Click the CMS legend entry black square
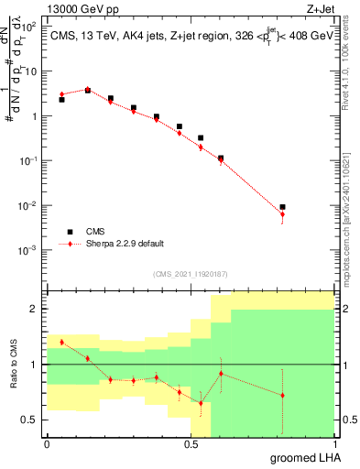click(68, 232)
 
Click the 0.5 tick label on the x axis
click(191, 442)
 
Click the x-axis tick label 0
click(47, 442)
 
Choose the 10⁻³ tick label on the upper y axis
click(29, 249)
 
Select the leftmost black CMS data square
click(61, 99)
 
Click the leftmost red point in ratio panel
click(61, 342)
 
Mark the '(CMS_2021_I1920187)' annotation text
click(190, 272)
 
